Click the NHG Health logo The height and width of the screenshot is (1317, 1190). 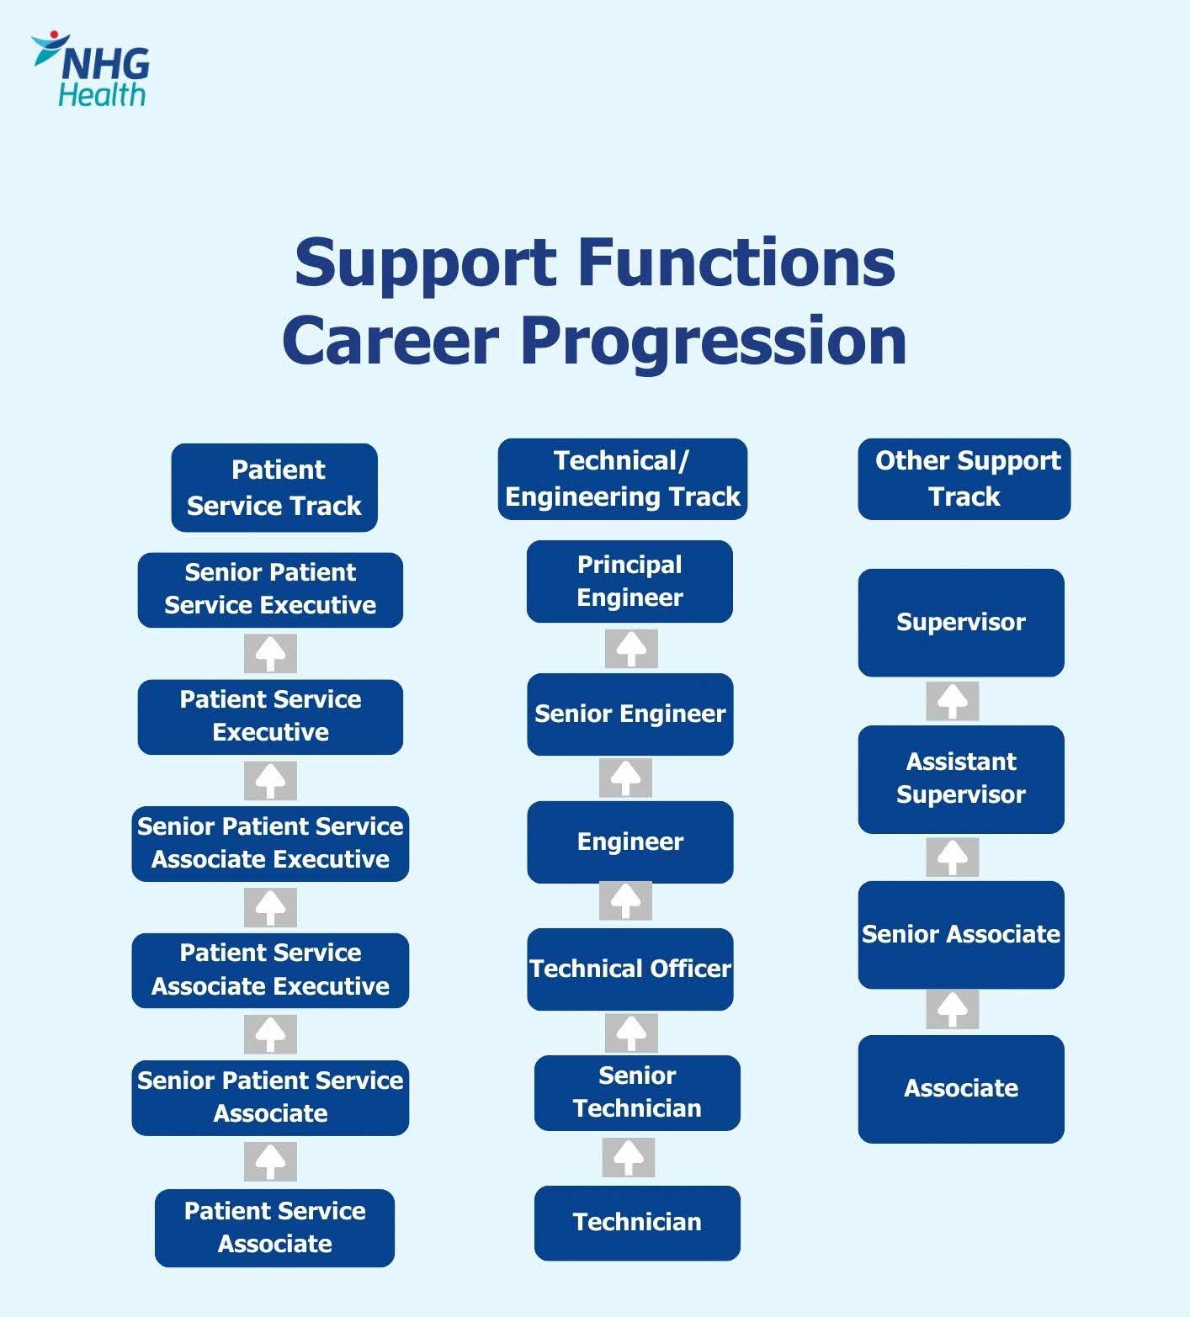pos(91,71)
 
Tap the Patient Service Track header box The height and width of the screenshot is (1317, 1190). pos(274,488)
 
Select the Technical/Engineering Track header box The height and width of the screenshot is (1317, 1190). pos(622,479)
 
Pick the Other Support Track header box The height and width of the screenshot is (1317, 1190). pos(964,479)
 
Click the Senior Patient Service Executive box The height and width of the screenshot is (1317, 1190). pos(270,589)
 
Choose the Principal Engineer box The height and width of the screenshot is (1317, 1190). pos(630,581)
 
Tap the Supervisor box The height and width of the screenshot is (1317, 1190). pos(961,623)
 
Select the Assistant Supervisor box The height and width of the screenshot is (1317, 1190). pos(961,778)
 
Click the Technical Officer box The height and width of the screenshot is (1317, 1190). pos(630,969)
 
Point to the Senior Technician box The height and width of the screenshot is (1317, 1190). pos(637,1092)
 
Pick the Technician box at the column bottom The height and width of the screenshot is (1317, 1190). pos(637,1223)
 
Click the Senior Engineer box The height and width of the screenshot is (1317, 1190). pos(630,714)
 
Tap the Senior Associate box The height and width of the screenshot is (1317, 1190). pos(961,934)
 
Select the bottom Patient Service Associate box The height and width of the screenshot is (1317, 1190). pos(274,1228)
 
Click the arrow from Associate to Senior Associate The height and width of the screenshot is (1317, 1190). pos(953,1009)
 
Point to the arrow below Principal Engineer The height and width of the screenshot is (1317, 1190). pos(631,649)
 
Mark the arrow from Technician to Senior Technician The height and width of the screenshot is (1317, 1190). pos(629,1158)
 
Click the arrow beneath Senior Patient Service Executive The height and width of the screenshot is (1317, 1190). pos(270,654)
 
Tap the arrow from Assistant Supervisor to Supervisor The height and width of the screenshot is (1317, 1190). pos(953,701)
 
